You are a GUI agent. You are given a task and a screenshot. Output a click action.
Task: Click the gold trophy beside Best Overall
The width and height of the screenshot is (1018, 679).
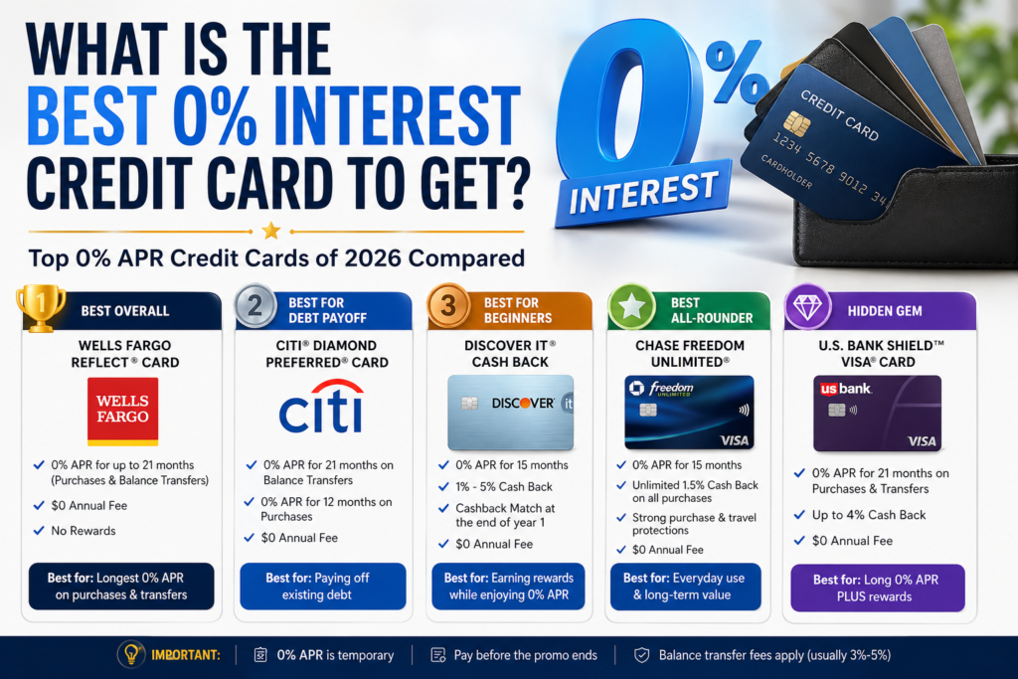[x=40, y=308]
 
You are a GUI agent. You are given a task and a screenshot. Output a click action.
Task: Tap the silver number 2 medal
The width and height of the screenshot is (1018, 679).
[x=255, y=305]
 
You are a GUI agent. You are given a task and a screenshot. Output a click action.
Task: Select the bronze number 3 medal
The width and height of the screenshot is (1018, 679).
[x=448, y=305]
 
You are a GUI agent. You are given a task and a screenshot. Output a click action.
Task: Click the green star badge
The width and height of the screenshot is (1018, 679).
[x=631, y=306]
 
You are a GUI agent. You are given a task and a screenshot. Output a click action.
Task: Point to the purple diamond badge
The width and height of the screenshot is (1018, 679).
[x=807, y=306]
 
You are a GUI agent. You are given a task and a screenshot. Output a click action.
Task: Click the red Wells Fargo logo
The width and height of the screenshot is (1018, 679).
[x=122, y=412]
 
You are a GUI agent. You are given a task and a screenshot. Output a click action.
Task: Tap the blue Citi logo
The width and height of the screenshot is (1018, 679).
[x=321, y=407]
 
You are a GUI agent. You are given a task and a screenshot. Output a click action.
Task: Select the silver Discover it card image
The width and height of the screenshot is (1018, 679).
[x=510, y=413]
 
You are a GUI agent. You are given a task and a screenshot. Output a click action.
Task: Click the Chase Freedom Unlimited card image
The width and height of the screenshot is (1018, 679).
[x=689, y=413]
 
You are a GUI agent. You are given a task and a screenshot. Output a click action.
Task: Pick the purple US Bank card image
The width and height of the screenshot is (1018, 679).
[x=877, y=413]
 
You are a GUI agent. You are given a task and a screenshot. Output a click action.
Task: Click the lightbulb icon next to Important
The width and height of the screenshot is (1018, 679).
[x=131, y=654]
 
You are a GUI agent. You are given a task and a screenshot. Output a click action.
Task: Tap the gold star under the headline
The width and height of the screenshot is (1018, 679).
[x=271, y=231]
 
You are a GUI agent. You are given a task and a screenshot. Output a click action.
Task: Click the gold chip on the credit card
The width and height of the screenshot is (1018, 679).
[x=796, y=123]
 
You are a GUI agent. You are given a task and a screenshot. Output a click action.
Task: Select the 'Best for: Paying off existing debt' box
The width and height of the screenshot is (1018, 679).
[x=323, y=587]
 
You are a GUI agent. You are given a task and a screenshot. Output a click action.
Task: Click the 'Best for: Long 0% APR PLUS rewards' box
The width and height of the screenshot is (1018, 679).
[x=877, y=589]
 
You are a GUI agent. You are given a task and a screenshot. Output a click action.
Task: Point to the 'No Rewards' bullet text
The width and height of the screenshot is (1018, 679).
[x=84, y=530]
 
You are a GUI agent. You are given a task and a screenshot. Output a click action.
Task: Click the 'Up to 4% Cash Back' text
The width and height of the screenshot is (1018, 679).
[x=869, y=515]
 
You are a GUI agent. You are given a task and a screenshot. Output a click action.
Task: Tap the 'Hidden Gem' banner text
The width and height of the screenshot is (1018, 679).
[x=884, y=311]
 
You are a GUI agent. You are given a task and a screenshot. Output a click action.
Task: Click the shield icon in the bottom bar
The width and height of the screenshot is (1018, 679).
[x=641, y=655]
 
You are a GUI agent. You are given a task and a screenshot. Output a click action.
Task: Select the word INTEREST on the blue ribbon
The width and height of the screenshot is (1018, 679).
[x=644, y=193]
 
